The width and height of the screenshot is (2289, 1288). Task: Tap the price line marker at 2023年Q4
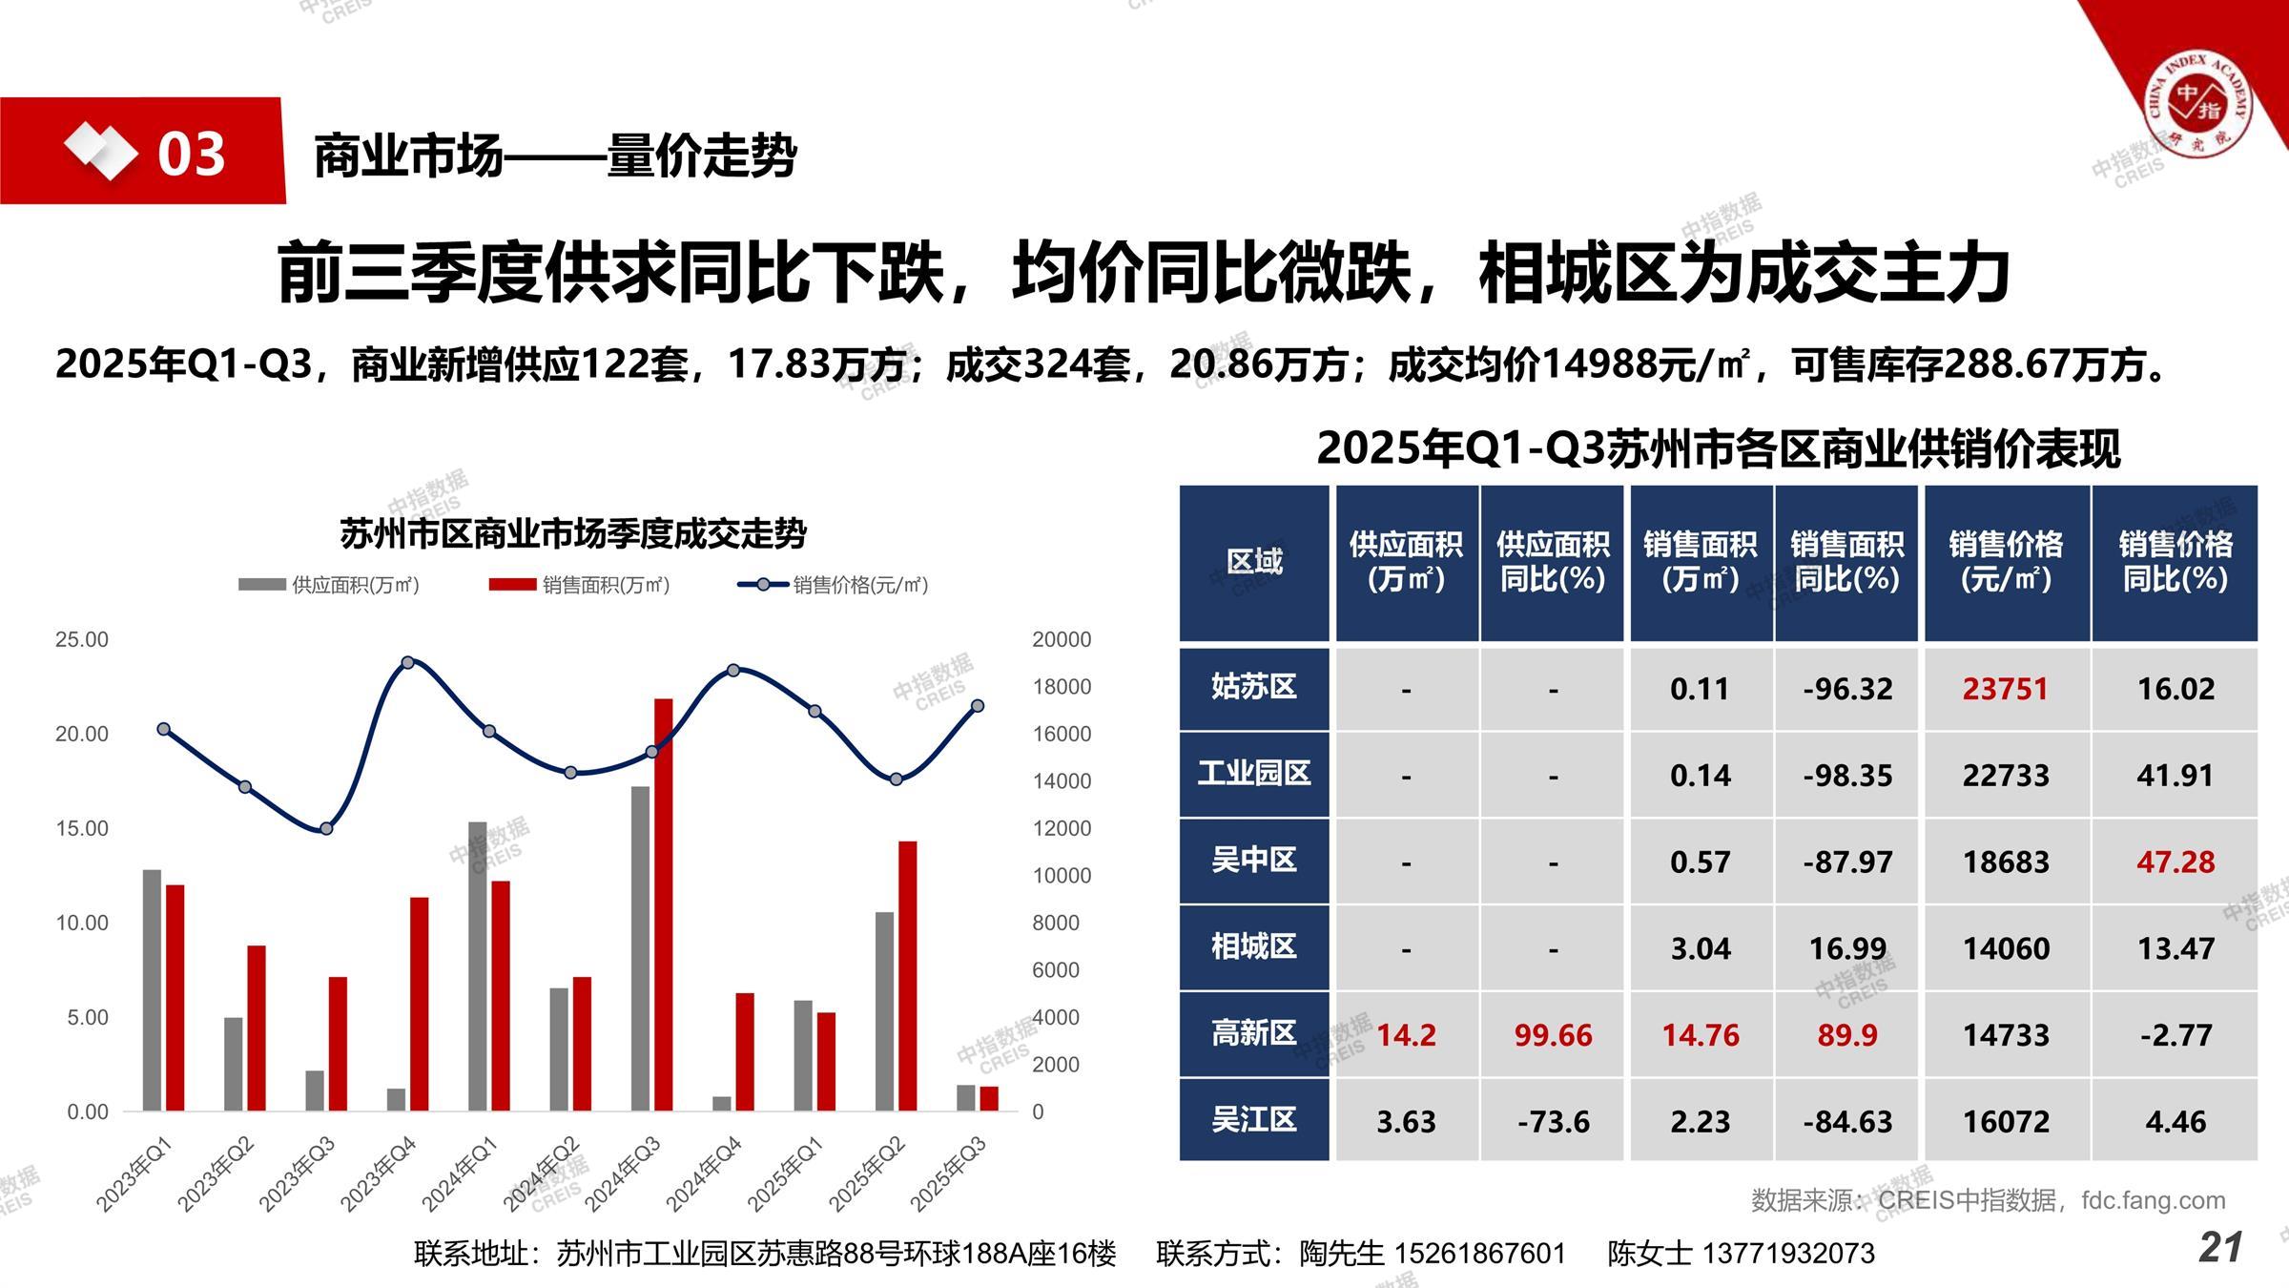(x=407, y=662)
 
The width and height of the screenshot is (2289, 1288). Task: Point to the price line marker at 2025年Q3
(x=978, y=706)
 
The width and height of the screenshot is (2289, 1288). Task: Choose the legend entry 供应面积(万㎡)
(x=329, y=585)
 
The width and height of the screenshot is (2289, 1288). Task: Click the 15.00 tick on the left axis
(x=82, y=828)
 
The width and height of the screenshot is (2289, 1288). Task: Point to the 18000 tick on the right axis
(x=1061, y=687)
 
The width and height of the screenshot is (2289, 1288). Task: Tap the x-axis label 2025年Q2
(x=866, y=1174)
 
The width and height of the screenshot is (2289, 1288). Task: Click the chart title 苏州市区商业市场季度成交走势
(x=573, y=533)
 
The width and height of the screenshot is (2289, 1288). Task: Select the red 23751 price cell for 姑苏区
(x=2005, y=689)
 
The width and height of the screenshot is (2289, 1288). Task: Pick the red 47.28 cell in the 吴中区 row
(x=2175, y=862)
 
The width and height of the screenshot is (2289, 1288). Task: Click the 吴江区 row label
(x=1253, y=1119)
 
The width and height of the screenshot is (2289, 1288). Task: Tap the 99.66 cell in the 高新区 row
(x=1553, y=1035)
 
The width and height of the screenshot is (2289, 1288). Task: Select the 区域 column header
(x=1253, y=562)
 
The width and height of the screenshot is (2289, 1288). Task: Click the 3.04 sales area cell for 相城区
(x=1700, y=948)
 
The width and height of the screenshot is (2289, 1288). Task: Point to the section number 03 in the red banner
(x=191, y=154)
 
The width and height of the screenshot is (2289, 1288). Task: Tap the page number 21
(x=2220, y=1247)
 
